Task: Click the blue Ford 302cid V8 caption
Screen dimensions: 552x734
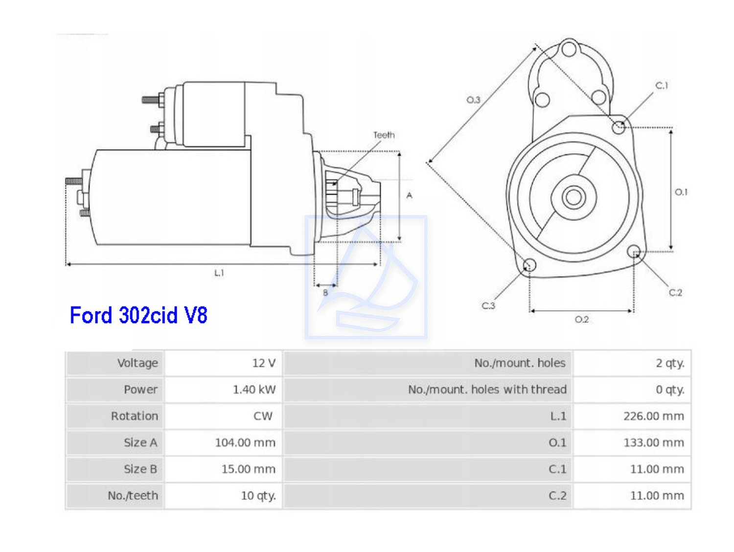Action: point(138,315)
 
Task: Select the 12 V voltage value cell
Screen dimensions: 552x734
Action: point(264,363)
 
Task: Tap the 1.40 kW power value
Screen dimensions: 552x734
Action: point(254,390)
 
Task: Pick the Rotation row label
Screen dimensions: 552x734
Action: point(135,416)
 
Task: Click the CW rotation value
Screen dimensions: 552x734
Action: point(263,416)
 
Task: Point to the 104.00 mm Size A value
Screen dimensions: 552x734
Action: point(245,442)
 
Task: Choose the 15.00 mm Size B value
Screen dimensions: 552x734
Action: point(248,469)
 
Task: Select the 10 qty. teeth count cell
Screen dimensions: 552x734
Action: point(258,495)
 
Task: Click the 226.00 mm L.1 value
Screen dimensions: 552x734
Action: point(653,416)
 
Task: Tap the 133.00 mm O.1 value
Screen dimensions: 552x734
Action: point(653,442)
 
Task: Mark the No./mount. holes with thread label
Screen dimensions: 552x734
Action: point(487,390)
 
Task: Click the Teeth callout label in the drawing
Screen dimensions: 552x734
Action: point(384,135)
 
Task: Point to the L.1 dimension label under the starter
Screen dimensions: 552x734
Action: point(219,273)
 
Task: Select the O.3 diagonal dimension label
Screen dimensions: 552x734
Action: point(473,100)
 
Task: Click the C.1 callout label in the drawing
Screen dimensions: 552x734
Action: point(662,86)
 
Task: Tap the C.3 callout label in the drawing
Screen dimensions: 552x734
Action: point(488,306)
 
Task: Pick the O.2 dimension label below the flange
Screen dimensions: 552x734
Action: point(581,320)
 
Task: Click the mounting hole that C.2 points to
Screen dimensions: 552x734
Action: point(634,252)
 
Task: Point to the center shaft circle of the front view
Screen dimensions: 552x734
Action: point(573,197)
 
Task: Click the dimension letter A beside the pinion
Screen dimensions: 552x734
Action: point(410,195)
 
